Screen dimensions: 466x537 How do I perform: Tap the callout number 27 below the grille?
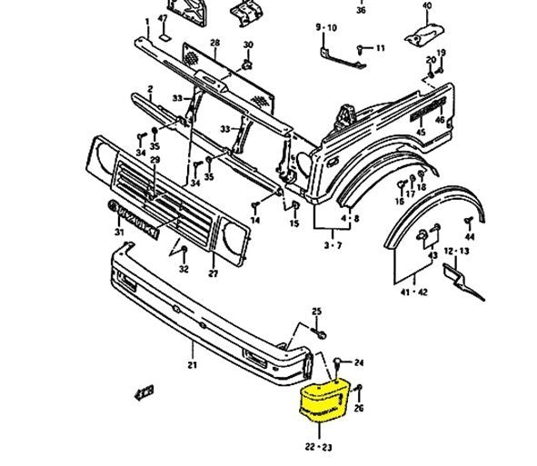point(214,273)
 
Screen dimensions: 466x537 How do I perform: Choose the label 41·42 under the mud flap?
point(413,292)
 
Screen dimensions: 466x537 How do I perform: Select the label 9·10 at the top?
point(325,28)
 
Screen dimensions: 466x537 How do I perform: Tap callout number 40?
point(427,6)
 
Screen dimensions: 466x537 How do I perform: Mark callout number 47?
point(163,18)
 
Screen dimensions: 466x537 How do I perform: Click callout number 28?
point(215,43)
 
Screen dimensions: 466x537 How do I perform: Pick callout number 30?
point(248,45)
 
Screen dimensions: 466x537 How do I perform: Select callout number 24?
point(358,362)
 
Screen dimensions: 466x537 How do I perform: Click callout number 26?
point(358,409)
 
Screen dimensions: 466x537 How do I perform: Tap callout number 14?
point(255,221)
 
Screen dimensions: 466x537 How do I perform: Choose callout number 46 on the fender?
point(440,119)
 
